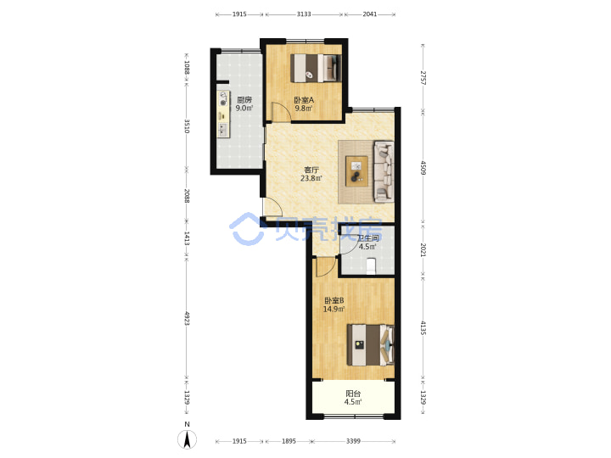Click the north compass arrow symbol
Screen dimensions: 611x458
(x=187, y=440)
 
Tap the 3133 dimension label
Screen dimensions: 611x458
(x=304, y=14)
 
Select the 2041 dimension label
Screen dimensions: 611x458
(x=370, y=14)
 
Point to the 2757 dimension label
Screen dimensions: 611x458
(x=423, y=78)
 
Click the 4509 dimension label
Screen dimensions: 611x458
(x=423, y=168)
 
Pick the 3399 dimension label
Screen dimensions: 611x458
(x=353, y=441)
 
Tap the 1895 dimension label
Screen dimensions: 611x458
(x=289, y=441)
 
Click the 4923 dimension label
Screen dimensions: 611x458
(x=187, y=318)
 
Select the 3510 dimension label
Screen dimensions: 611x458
(x=187, y=126)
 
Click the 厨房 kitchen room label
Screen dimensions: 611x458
(x=244, y=100)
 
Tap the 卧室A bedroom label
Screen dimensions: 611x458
(x=304, y=100)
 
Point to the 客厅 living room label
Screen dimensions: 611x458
(x=311, y=170)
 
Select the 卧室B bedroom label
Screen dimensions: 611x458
(x=334, y=300)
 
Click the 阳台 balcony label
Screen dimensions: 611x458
(x=353, y=394)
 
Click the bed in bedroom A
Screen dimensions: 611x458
(x=316, y=68)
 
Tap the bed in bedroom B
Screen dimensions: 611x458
(x=371, y=345)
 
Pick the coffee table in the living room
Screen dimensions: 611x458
(x=356, y=171)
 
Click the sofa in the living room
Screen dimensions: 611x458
(x=384, y=171)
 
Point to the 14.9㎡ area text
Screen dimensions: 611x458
(x=334, y=310)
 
